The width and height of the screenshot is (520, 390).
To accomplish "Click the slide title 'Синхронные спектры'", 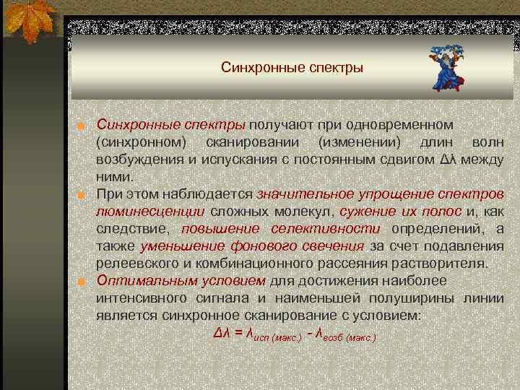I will point(292,69).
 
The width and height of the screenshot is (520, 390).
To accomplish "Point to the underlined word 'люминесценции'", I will point(150,211).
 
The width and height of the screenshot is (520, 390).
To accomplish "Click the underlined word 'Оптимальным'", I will point(144,280).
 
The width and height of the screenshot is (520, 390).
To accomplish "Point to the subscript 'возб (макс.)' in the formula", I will point(349,337).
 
